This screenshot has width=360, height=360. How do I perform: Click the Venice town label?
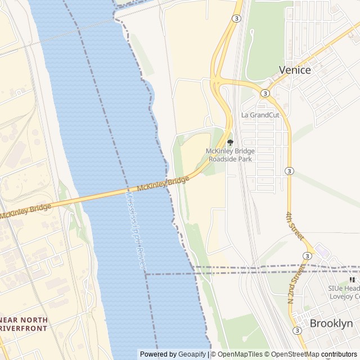pyautogui.click(x=295, y=70)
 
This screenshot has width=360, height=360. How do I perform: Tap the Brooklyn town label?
pyautogui.click(x=331, y=323)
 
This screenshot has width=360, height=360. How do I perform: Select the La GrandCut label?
pyautogui.click(x=260, y=115)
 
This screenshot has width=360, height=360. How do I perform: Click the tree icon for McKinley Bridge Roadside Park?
pyautogui.click(x=229, y=142)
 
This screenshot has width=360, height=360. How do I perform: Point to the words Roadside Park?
pyautogui.click(x=230, y=159)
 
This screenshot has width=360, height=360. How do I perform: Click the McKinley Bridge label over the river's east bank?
pyautogui.click(x=163, y=183)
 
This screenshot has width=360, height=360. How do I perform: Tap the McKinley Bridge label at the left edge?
pyautogui.click(x=25, y=210)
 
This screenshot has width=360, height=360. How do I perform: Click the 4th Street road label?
pyautogui.click(x=294, y=226)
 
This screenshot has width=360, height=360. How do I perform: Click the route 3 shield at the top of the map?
pyautogui.click(x=236, y=19)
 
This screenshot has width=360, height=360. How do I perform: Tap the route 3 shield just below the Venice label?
pyautogui.click(x=265, y=93)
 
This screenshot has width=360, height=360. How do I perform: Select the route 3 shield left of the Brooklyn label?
pyautogui.click(x=296, y=330)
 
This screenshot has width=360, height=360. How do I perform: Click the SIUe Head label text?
pyautogui.click(x=344, y=287)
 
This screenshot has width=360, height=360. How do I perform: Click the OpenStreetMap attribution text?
pyautogui.click(x=294, y=354)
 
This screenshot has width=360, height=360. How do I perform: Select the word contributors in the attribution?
pyautogui.click(x=339, y=354)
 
